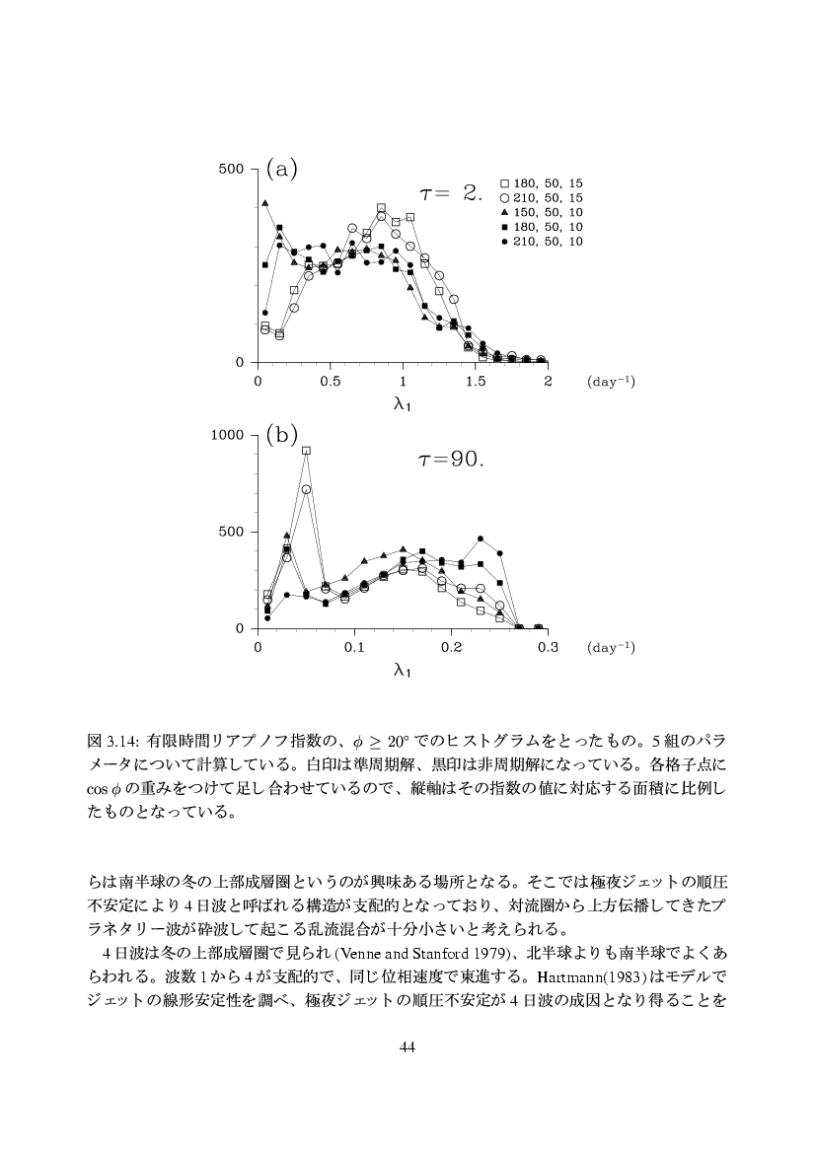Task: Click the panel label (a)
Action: [281, 169]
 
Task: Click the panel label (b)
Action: [281, 435]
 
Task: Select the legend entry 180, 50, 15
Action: [542, 183]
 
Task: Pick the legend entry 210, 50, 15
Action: [542, 198]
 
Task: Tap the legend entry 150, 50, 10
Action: [542, 212]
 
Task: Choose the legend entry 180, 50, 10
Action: [542, 227]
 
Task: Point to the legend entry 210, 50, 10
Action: [542, 242]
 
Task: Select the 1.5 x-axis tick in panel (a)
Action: [476, 381]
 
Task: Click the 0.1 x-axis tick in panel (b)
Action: [354, 647]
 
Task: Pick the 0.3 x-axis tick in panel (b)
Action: [548, 647]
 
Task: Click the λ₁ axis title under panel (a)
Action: [403, 403]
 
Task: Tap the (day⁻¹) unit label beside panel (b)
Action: [611, 647]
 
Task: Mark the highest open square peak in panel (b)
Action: [306, 451]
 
